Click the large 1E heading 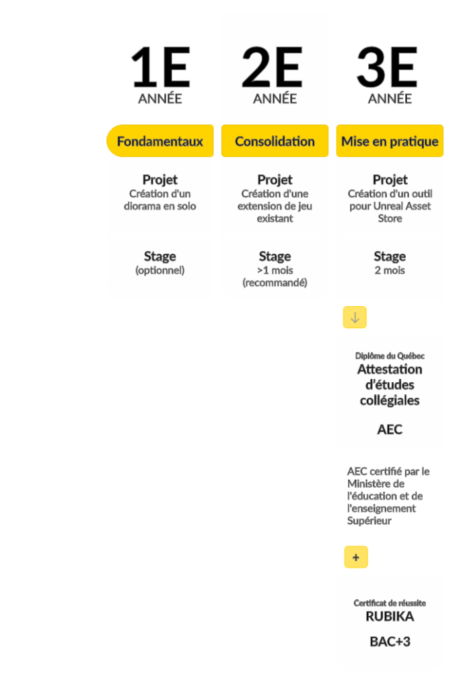coord(160,67)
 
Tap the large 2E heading coord(273,67)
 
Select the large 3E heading coord(387,67)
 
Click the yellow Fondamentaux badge coord(160,141)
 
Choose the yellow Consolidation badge coord(275,141)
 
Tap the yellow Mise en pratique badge coord(390,141)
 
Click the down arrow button coord(355,318)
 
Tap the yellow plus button coord(356,557)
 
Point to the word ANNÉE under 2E coord(275,98)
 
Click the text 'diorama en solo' coord(160,206)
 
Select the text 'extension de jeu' coord(275,206)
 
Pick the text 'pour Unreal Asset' coord(390,206)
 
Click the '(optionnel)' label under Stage coord(160,270)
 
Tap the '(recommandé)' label coord(275,283)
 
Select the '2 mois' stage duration coord(390,270)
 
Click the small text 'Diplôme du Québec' coord(390,356)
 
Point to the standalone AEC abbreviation coord(390,429)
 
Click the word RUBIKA coord(390,616)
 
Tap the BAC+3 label coord(390,642)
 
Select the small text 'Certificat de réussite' coord(390,604)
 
